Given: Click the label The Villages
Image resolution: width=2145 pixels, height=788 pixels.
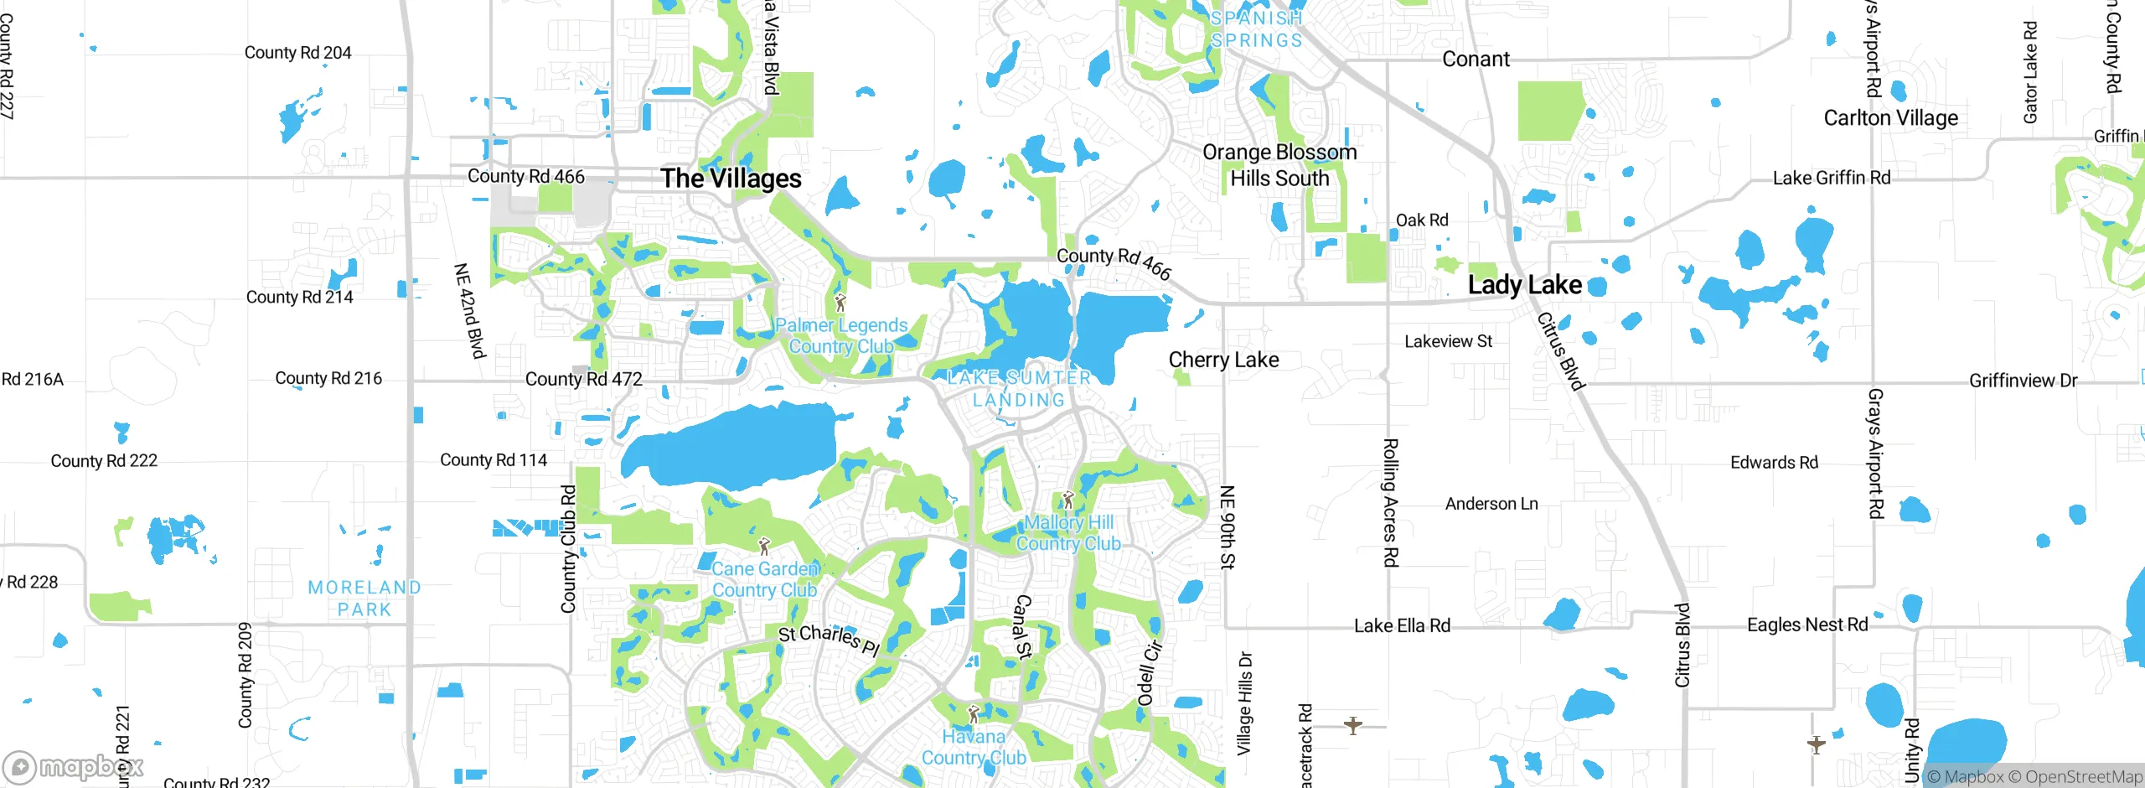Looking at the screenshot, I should pos(731,179).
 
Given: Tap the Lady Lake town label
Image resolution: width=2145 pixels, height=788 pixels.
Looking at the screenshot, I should pos(1524,285).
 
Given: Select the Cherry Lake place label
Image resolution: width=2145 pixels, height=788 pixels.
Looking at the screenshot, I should pos(1223,360).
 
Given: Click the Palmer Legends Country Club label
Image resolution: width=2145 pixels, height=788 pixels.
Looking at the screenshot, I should pos(841,336).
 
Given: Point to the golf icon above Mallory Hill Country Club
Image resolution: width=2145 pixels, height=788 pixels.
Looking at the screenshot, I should pos(1067,500).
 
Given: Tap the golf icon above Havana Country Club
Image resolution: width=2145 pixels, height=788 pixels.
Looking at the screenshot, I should pos(973,715).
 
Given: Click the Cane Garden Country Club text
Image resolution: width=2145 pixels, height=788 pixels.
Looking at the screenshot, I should pos(764,579).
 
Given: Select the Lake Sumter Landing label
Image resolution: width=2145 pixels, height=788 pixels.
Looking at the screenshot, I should pos(1019,389).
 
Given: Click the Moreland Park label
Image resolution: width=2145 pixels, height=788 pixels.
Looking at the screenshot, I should pos(364,599).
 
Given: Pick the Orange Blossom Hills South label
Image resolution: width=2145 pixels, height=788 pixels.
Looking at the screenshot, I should pos(1279,165).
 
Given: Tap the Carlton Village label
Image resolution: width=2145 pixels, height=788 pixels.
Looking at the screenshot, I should pos(1891,118).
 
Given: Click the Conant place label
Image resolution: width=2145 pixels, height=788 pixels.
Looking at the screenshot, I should pos(1476,60).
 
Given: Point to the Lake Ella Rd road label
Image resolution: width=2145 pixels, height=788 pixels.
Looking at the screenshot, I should pos(1402,626).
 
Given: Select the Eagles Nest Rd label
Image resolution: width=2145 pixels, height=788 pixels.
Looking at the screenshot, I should pos(1807,625).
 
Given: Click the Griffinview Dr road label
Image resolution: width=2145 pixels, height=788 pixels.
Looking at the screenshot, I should pos(2023,381).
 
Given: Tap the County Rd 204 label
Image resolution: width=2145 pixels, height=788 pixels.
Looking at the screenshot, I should pos(297,53).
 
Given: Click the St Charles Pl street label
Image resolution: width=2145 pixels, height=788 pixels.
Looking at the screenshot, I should pos(829,640).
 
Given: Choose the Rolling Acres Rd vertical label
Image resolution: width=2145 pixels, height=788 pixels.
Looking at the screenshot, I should pos(1389,503).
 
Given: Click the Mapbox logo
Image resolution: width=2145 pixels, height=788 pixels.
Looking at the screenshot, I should pos(73,766).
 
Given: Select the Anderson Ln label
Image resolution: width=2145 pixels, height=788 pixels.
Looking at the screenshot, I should pos(1491,504).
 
